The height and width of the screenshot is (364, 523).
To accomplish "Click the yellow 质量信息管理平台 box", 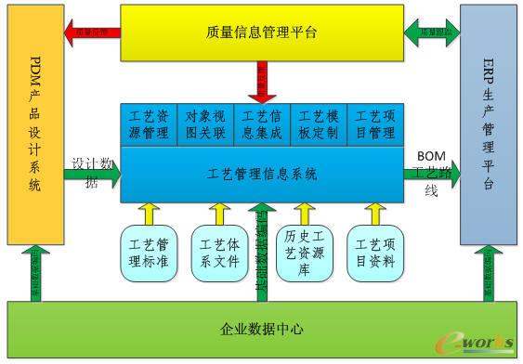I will click(x=262, y=33).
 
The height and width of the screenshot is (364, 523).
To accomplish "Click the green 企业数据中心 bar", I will click(x=262, y=330).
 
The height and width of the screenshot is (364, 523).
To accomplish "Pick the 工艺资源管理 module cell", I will click(x=149, y=124).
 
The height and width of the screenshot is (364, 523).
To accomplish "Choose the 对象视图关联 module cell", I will click(x=205, y=124).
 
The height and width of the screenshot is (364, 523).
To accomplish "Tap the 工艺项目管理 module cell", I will click(x=374, y=124).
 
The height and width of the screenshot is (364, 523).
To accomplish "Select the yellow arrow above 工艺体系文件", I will click(x=219, y=213).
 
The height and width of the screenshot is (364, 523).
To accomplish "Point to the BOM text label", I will click(x=430, y=155).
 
